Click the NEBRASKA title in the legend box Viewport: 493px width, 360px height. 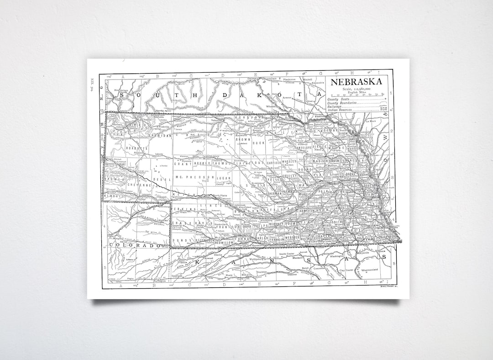(x=356, y=82)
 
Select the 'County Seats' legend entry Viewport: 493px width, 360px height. (x=339, y=100)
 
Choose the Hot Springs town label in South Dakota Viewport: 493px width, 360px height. (x=121, y=90)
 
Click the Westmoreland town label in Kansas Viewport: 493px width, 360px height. (x=370, y=270)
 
